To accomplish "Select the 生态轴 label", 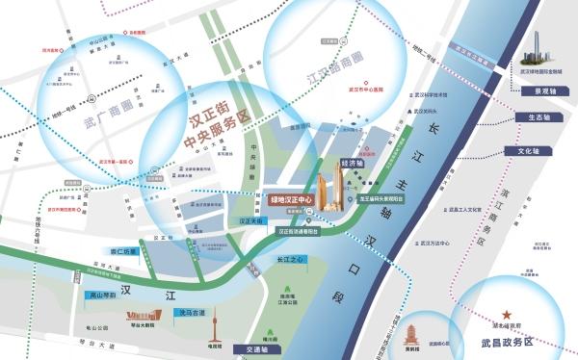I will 533,117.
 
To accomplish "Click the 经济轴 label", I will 351,164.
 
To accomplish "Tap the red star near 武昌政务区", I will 507,316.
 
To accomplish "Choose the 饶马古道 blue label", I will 191,312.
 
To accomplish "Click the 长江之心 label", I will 290,258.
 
